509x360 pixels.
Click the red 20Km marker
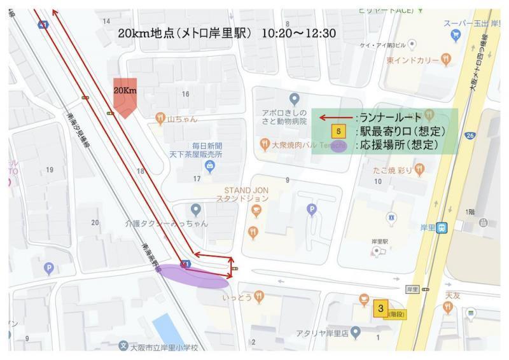[x=125, y=95]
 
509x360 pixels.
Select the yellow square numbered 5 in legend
[x=339, y=132]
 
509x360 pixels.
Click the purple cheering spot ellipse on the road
[x=193, y=274]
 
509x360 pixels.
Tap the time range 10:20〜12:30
[x=298, y=32]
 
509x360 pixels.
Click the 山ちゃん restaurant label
[x=182, y=118]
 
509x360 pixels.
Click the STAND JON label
[x=246, y=194]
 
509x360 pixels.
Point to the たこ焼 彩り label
[x=395, y=170]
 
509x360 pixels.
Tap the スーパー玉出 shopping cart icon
[x=454, y=36]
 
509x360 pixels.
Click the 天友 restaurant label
[x=452, y=295]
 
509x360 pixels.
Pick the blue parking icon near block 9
[x=311, y=209]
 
